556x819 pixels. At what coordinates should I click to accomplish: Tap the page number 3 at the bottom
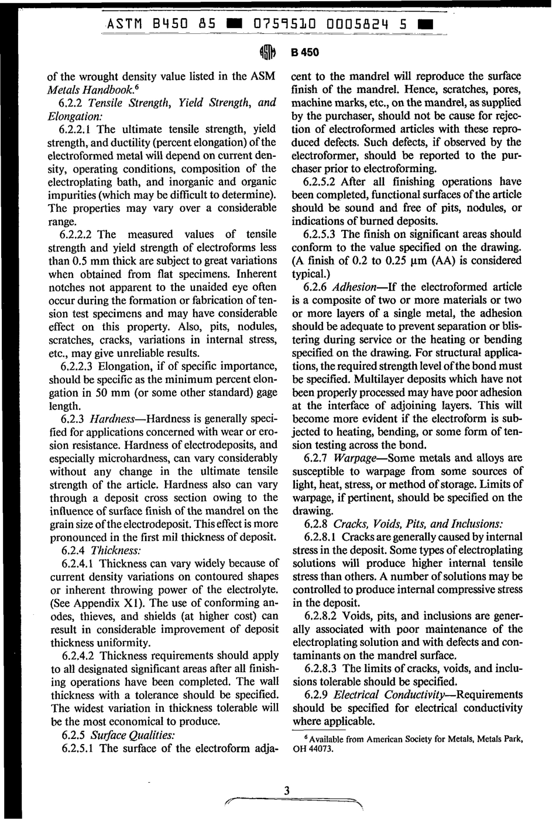click(x=287, y=791)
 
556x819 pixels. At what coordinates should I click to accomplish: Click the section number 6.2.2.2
click(x=77, y=235)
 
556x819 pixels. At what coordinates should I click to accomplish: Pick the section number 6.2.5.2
click(x=321, y=182)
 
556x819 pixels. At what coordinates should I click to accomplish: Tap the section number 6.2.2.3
click(x=77, y=366)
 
